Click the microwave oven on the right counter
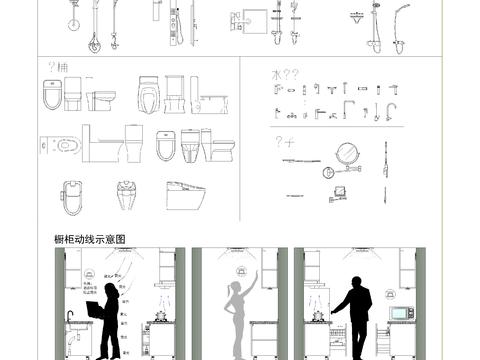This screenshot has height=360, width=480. [x=402, y=313]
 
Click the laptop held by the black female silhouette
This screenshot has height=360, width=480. [x=94, y=311]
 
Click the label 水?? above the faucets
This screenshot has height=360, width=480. [x=285, y=74]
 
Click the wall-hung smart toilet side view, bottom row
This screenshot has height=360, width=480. [x=186, y=194]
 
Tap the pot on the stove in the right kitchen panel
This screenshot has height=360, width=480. [x=319, y=317]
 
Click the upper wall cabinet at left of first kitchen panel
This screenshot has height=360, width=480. [x=72, y=265]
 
